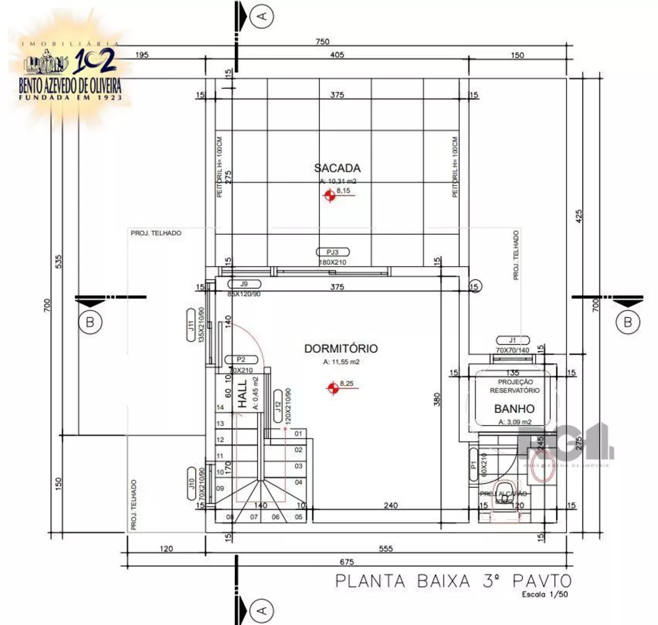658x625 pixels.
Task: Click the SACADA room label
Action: pos(337,168)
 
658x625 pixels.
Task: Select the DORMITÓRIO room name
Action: pos(340,348)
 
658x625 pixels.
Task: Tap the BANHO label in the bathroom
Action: pos(514,408)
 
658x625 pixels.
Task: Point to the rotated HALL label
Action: pos(241,394)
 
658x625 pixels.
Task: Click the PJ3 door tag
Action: pos(332,252)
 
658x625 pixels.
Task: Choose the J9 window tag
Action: pos(243,284)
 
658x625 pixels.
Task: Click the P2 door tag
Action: pos(240,359)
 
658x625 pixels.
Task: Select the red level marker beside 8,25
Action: pos(333,388)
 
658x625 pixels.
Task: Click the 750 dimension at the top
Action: pos(322,41)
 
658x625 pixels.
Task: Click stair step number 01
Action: pos(298,434)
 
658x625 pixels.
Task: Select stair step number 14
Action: pos(220,407)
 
